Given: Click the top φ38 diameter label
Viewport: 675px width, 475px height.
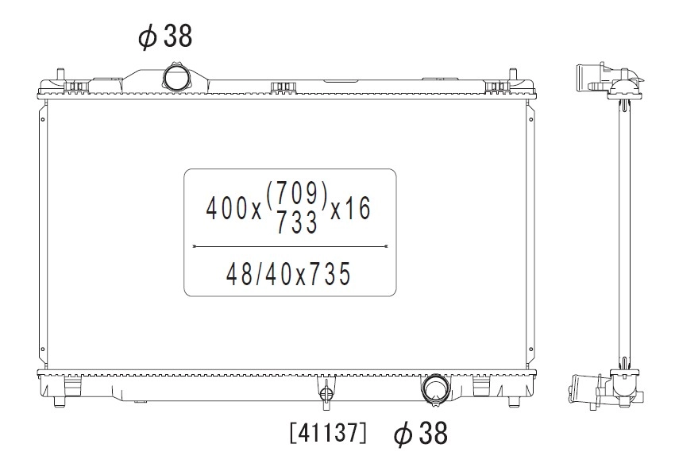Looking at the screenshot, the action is click(x=165, y=36).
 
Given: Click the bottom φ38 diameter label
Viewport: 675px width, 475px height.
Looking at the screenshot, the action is click(x=421, y=433).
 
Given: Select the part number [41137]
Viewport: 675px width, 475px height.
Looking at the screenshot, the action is click(x=329, y=433).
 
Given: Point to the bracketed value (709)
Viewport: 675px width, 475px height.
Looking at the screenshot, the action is click(x=298, y=193).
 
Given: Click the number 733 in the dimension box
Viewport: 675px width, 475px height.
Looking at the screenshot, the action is click(x=297, y=222).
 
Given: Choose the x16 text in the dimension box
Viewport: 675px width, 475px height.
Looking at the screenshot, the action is click(x=350, y=209).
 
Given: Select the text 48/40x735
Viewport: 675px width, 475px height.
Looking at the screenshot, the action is click(x=288, y=274).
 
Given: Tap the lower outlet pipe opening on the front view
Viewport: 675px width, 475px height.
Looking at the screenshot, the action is click(x=435, y=387).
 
